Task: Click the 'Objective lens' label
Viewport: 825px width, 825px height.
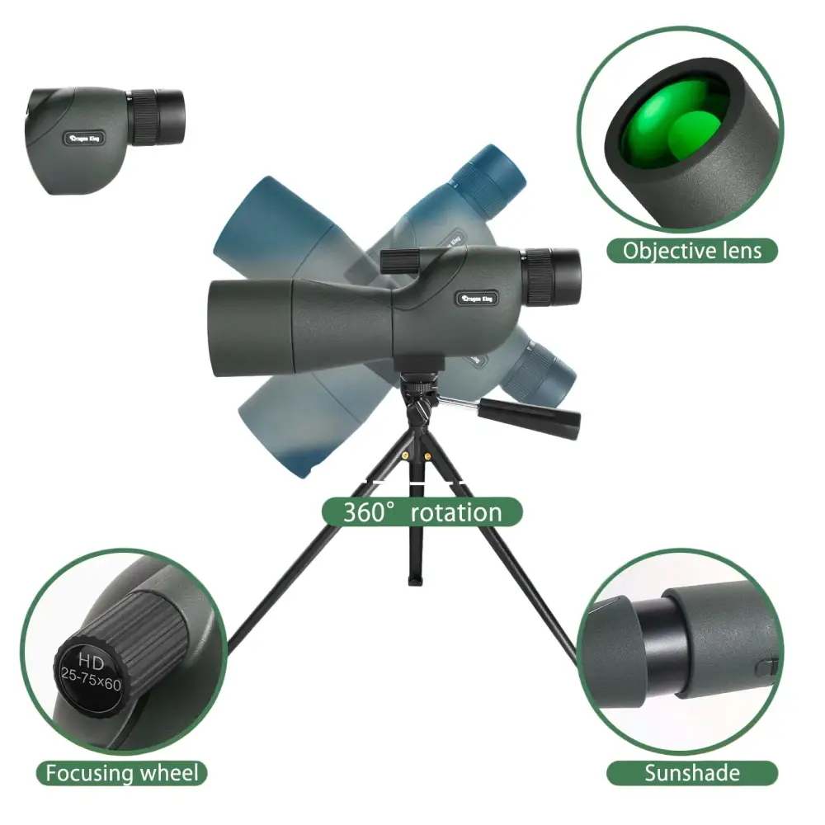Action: point(692,251)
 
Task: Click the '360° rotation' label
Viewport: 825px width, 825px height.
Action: point(422,512)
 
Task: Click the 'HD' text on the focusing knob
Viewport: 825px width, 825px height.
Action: point(91,660)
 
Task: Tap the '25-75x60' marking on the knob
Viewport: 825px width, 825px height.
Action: point(91,678)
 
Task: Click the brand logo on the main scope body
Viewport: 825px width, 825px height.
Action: point(476,299)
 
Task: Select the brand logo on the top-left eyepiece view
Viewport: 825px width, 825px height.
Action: point(84,139)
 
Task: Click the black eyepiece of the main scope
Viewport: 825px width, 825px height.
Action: point(553,276)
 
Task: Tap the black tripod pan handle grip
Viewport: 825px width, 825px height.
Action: point(529,417)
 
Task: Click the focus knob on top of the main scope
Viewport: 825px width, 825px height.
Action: point(398,261)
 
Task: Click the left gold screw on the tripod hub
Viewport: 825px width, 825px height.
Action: point(404,455)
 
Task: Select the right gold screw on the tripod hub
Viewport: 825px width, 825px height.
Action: point(427,455)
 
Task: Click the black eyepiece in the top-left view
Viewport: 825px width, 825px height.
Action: point(158,117)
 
